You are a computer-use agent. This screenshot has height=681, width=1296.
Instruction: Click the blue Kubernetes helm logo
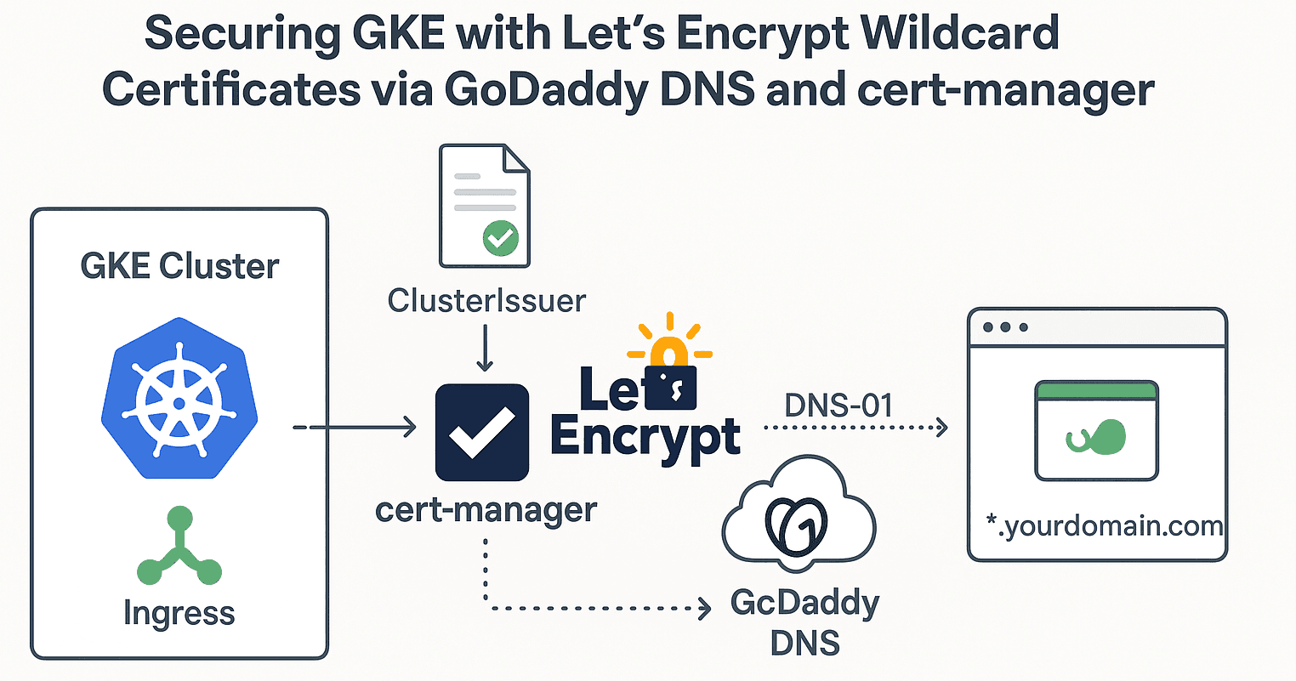pyautogui.click(x=179, y=397)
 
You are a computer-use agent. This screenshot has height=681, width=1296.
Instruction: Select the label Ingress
pyautogui.click(x=179, y=612)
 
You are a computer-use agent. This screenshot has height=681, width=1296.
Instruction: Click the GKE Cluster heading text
pyautogui.click(x=179, y=266)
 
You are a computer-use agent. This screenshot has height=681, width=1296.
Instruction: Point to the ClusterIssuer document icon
pyautogui.click(x=484, y=205)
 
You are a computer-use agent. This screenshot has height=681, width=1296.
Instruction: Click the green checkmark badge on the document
pyautogui.click(x=500, y=238)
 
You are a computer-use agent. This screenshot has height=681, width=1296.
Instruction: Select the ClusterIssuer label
pyautogui.click(x=486, y=300)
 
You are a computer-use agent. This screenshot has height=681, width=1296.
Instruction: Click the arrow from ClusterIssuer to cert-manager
pyautogui.click(x=485, y=349)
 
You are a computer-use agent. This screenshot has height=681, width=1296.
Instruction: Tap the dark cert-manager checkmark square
pyautogui.click(x=482, y=432)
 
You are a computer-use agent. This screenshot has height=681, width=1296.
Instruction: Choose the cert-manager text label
pyautogui.click(x=486, y=510)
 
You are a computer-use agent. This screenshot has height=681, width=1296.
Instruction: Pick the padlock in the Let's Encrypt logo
pyautogui.click(x=672, y=379)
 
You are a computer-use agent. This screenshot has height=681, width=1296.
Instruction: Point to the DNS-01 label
pyautogui.click(x=838, y=406)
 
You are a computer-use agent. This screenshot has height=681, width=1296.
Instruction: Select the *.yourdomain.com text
pyautogui.click(x=1104, y=526)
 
